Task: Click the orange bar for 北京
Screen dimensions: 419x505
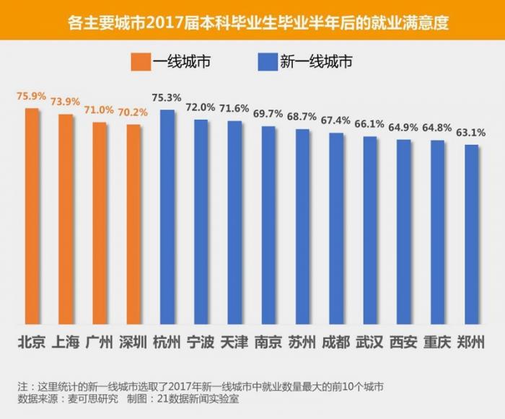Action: pyautogui.click(x=32, y=216)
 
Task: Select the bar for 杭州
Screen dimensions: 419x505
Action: pyautogui.click(x=167, y=216)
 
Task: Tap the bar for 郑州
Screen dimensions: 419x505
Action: pyautogui.click(x=472, y=234)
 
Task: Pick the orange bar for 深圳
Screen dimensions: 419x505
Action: pyautogui.click(x=133, y=224)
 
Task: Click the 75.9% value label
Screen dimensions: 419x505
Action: pyautogui.click(x=32, y=96)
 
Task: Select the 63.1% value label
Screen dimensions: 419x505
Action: pyautogui.click(x=471, y=132)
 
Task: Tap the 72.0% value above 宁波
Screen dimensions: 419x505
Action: pyautogui.click(x=201, y=107)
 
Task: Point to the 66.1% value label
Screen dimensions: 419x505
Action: pyautogui.click(x=370, y=124)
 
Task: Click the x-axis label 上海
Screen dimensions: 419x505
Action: pyautogui.click(x=66, y=342)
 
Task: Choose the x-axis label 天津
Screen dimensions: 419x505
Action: pyautogui.click(x=234, y=342)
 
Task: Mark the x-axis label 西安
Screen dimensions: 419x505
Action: pyautogui.click(x=404, y=342)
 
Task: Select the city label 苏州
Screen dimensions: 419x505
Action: pyautogui.click(x=302, y=342)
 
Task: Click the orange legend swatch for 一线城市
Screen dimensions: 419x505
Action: pyautogui.click(x=139, y=61)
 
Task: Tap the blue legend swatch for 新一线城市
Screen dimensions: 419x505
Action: pyautogui.click(x=267, y=61)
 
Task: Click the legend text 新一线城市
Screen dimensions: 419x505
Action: pyautogui.click(x=316, y=61)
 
